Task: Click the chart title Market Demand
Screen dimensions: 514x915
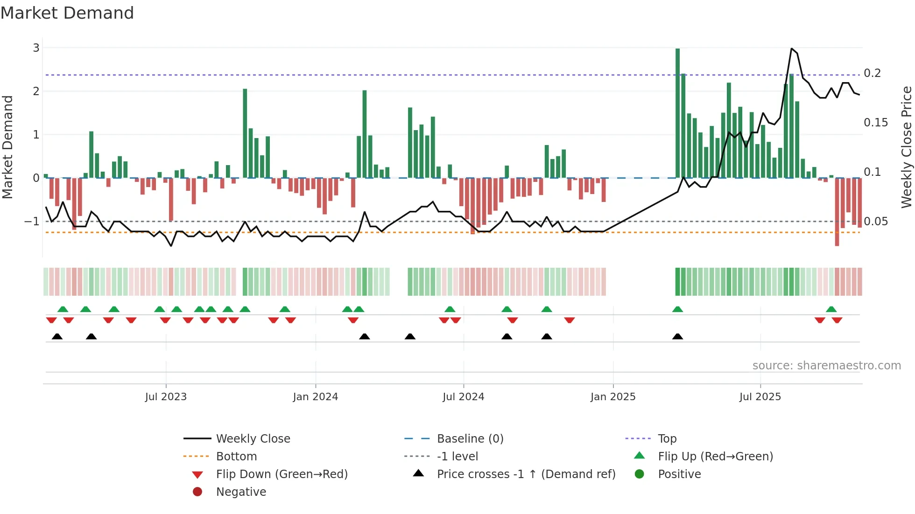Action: pos(67,13)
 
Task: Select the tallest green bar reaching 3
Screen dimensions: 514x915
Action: pos(677,112)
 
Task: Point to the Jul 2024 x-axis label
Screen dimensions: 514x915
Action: pos(463,397)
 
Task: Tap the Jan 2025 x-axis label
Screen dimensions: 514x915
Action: pos(612,397)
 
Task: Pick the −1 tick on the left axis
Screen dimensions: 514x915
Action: pos(32,221)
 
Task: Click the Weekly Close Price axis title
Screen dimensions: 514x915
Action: pos(906,147)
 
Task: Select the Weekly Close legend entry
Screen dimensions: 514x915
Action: pos(253,439)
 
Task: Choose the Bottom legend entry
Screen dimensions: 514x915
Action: pos(236,457)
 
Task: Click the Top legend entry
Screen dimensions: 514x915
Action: pos(667,439)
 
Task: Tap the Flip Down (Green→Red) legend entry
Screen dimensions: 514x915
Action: pos(282,474)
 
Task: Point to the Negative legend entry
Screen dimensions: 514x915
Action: pos(241,492)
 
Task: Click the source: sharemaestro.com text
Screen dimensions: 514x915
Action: pos(826,366)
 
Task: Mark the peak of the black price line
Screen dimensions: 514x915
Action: pos(792,49)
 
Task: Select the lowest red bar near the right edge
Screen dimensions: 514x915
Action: pos(837,212)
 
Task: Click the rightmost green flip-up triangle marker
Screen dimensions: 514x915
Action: pos(831,309)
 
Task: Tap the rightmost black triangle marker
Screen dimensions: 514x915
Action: pos(677,336)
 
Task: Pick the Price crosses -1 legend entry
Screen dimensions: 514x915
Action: pos(526,474)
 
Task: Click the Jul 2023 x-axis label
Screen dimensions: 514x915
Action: pos(166,397)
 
